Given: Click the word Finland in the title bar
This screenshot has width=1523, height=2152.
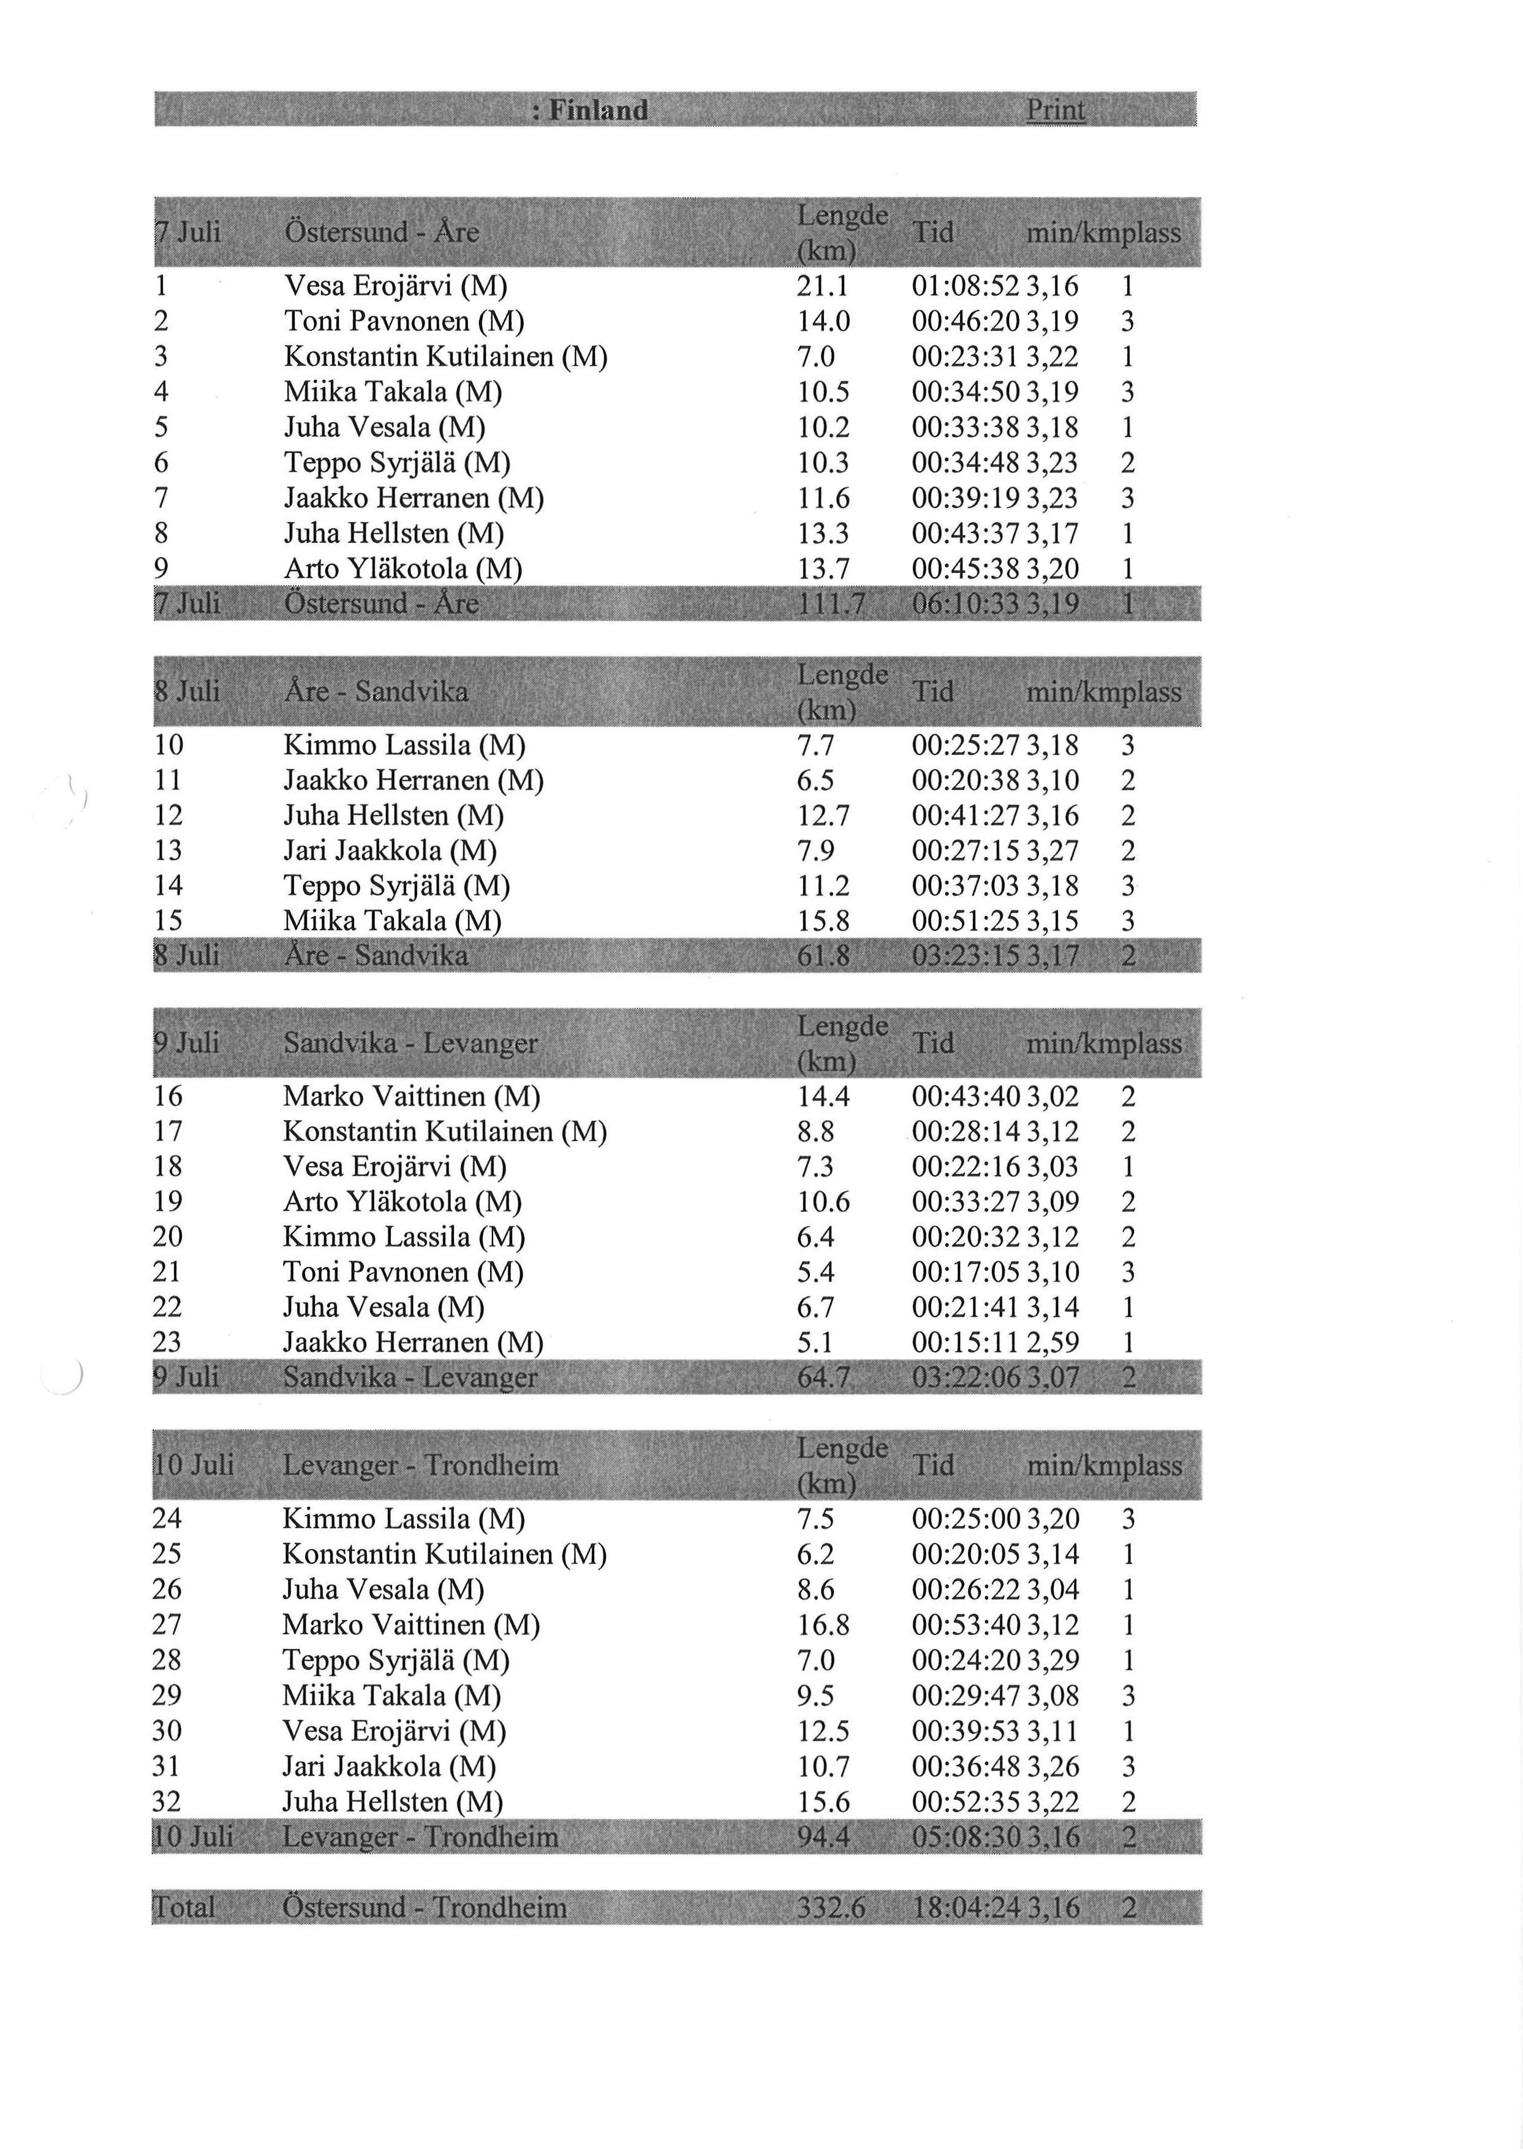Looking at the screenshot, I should [x=599, y=111].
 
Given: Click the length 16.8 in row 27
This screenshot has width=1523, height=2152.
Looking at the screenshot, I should [x=823, y=1625].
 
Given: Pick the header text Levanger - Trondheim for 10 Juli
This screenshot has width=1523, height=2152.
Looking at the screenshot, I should [x=420, y=1465].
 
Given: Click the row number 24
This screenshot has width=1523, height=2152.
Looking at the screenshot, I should [x=168, y=1519].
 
